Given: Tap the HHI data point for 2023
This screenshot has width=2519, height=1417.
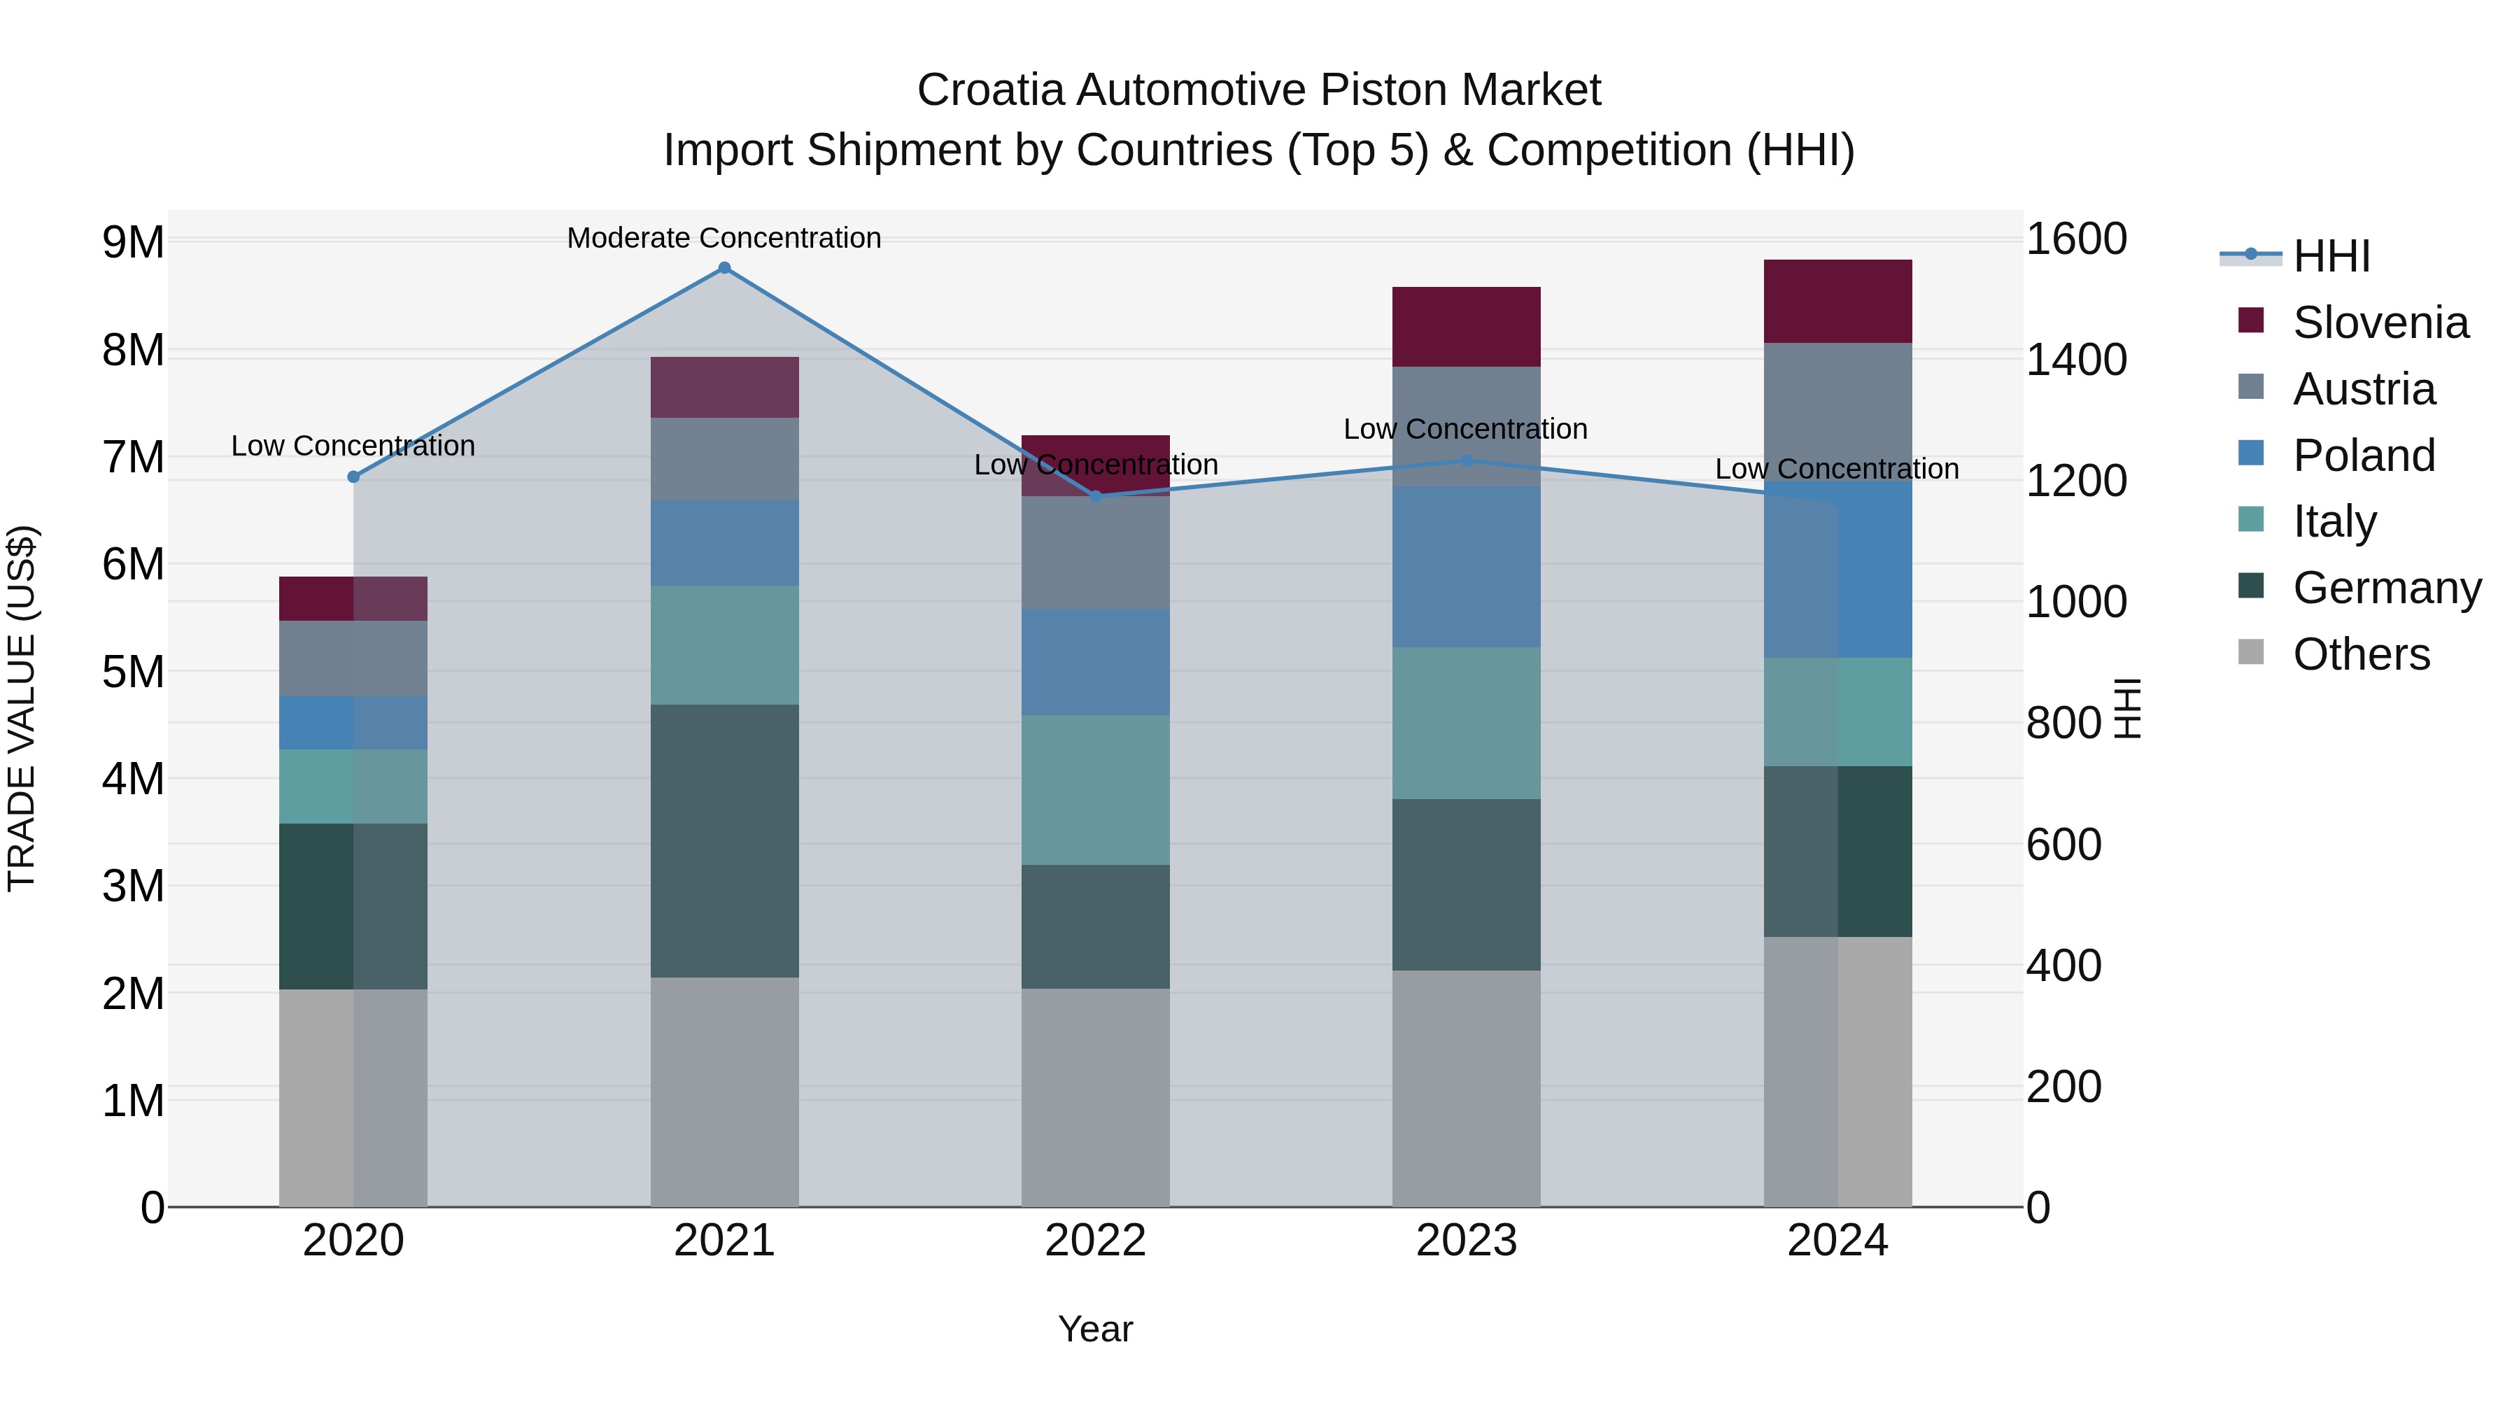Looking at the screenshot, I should click(x=1466, y=460).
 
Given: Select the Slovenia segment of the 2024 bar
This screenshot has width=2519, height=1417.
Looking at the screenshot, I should click(x=1837, y=301).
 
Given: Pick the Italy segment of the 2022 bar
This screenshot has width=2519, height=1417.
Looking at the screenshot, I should click(x=1095, y=790).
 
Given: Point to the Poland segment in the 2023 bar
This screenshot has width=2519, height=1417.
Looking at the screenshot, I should click(x=1466, y=567).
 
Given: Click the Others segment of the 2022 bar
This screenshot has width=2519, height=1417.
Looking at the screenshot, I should click(x=1095, y=1097).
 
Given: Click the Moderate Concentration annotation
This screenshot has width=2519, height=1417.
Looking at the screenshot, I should click(x=724, y=239).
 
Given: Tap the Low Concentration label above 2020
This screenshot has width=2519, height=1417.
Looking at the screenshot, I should click(x=353, y=446).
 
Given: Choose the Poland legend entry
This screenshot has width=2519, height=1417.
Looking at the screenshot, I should click(x=2362, y=456).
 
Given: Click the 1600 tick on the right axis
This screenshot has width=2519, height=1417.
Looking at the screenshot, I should click(x=2075, y=239).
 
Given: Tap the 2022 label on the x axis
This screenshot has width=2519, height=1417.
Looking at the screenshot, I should click(x=1095, y=1241).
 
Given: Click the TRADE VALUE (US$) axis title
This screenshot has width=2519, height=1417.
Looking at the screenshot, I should click(x=22, y=708).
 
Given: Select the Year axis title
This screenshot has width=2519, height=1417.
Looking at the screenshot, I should click(x=1095, y=1329).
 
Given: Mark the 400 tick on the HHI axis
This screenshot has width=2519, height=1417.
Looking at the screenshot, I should click(x=2063, y=965).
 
